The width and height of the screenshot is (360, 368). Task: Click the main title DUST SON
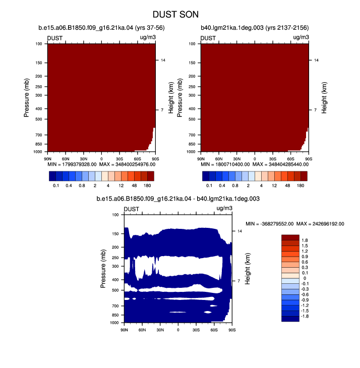click(x=175, y=15)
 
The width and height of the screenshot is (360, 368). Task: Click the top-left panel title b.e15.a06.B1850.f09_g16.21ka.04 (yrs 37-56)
click(x=101, y=28)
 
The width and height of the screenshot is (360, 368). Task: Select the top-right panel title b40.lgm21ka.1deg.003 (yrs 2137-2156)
click(x=255, y=28)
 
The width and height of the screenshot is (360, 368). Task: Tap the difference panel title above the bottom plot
click(x=178, y=199)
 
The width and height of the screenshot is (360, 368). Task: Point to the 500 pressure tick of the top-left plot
click(x=39, y=119)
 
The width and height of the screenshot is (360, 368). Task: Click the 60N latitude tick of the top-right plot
click(x=219, y=159)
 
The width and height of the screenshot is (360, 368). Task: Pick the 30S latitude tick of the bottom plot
click(x=196, y=330)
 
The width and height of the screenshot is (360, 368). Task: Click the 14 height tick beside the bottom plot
click(x=239, y=231)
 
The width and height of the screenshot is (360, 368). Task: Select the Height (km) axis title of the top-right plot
click(x=324, y=98)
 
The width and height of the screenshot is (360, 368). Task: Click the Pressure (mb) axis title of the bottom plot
click(x=103, y=269)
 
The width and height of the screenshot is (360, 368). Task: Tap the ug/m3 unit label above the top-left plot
click(x=148, y=37)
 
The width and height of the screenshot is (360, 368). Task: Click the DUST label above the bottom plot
click(x=132, y=209)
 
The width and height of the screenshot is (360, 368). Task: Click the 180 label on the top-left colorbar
click(x=147, y=186)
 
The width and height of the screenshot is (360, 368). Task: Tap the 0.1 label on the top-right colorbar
click(x=209, y=186)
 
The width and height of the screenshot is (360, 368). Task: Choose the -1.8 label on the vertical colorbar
click(x=305, y=316)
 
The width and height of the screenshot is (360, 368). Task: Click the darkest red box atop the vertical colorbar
click(x=290, y=237)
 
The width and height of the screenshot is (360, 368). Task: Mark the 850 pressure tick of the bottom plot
click(x=115, y=315)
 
